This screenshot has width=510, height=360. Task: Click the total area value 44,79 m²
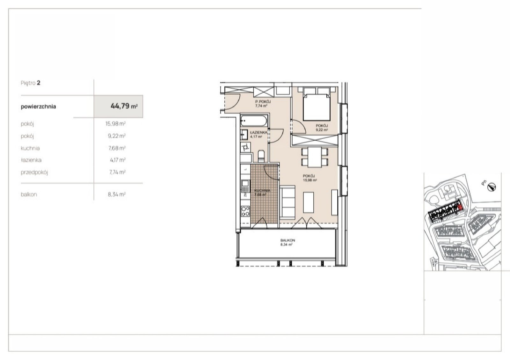coord(124,106)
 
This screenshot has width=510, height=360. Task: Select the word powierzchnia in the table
coord(38,107)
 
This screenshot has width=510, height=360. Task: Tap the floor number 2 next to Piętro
coord(39,83)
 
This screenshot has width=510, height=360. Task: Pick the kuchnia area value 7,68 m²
coord(117,148)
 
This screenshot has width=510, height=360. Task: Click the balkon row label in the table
coord(29,195)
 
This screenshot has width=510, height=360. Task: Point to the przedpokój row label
coord(34,173)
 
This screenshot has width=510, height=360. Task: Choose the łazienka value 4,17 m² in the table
coord(118,160)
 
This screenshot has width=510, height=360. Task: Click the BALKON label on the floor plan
coord(288,240)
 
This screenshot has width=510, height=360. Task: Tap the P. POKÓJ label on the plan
coord(263,102)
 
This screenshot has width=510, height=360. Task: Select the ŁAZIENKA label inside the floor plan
coord(259,132)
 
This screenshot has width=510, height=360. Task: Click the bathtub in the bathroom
coord(254,121)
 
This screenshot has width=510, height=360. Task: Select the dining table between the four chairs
coord(315,157)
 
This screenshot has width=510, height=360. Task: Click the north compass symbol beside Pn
coord(492,187)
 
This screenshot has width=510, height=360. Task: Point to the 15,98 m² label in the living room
coord(310,180)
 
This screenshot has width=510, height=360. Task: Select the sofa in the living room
coord(288,203)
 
